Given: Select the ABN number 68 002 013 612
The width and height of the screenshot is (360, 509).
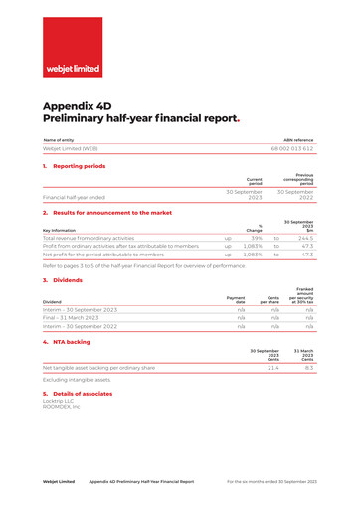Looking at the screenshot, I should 293,147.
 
